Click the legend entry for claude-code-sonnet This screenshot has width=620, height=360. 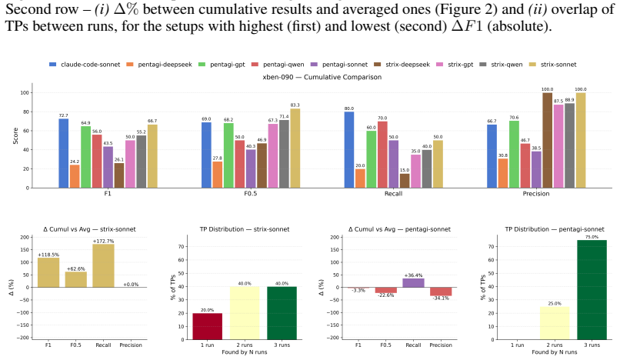tap(84, 65)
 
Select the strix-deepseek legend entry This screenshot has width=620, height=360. tap(402, 65)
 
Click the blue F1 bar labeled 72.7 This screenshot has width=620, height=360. tap(64, 154)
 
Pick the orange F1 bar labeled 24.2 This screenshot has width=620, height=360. tap(75, 176)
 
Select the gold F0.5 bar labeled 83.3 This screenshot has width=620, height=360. tap(295, 148)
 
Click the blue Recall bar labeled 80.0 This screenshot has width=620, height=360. tap(349, 150)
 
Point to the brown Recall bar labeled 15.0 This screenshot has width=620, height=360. tap(405, 181)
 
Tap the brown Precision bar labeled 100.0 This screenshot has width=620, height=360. tap(547, 141)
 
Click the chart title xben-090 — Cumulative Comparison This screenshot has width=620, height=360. tap(322, 77)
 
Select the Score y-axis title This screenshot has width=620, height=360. tap(15, 135)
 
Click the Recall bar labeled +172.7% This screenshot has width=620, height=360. tap(103, 265)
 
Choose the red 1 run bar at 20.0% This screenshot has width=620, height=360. tap(207, 326)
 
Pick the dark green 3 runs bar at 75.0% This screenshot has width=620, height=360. tap(592, 290)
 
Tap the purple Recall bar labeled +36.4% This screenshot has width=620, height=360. tap(413, 283)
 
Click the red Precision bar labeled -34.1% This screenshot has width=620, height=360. tap(441, 292)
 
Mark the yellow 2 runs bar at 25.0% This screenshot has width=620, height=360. tap(555, 323)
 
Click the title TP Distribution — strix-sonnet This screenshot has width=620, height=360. tap(245, 229)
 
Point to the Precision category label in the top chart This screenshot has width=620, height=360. tap(536, 193)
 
